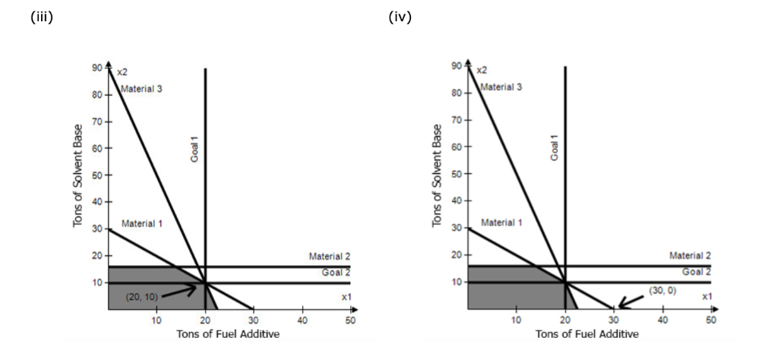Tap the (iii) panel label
click(x=41, y=17)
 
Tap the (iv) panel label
click(x=400, y=17)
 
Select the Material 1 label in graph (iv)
click(x=501, y=223)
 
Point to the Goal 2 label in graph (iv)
click(x=697, y=272)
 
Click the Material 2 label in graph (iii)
click(x=330, y=257)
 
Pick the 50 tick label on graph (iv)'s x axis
click(x=710, y=320)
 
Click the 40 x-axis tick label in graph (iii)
click(x=302, y=320)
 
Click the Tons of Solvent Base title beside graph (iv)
click(x=437, y=175)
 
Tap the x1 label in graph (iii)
click(x=346, y=296)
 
